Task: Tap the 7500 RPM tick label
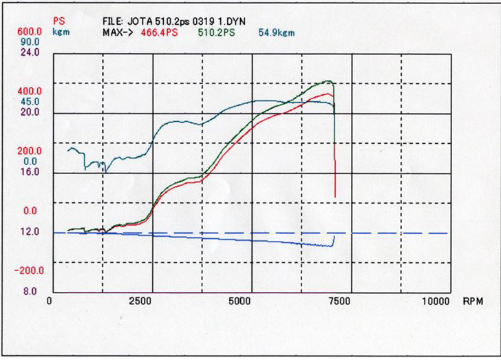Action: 338,301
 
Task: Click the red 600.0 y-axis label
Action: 30,32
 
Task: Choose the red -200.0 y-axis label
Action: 30,271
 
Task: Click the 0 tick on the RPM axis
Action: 50,301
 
